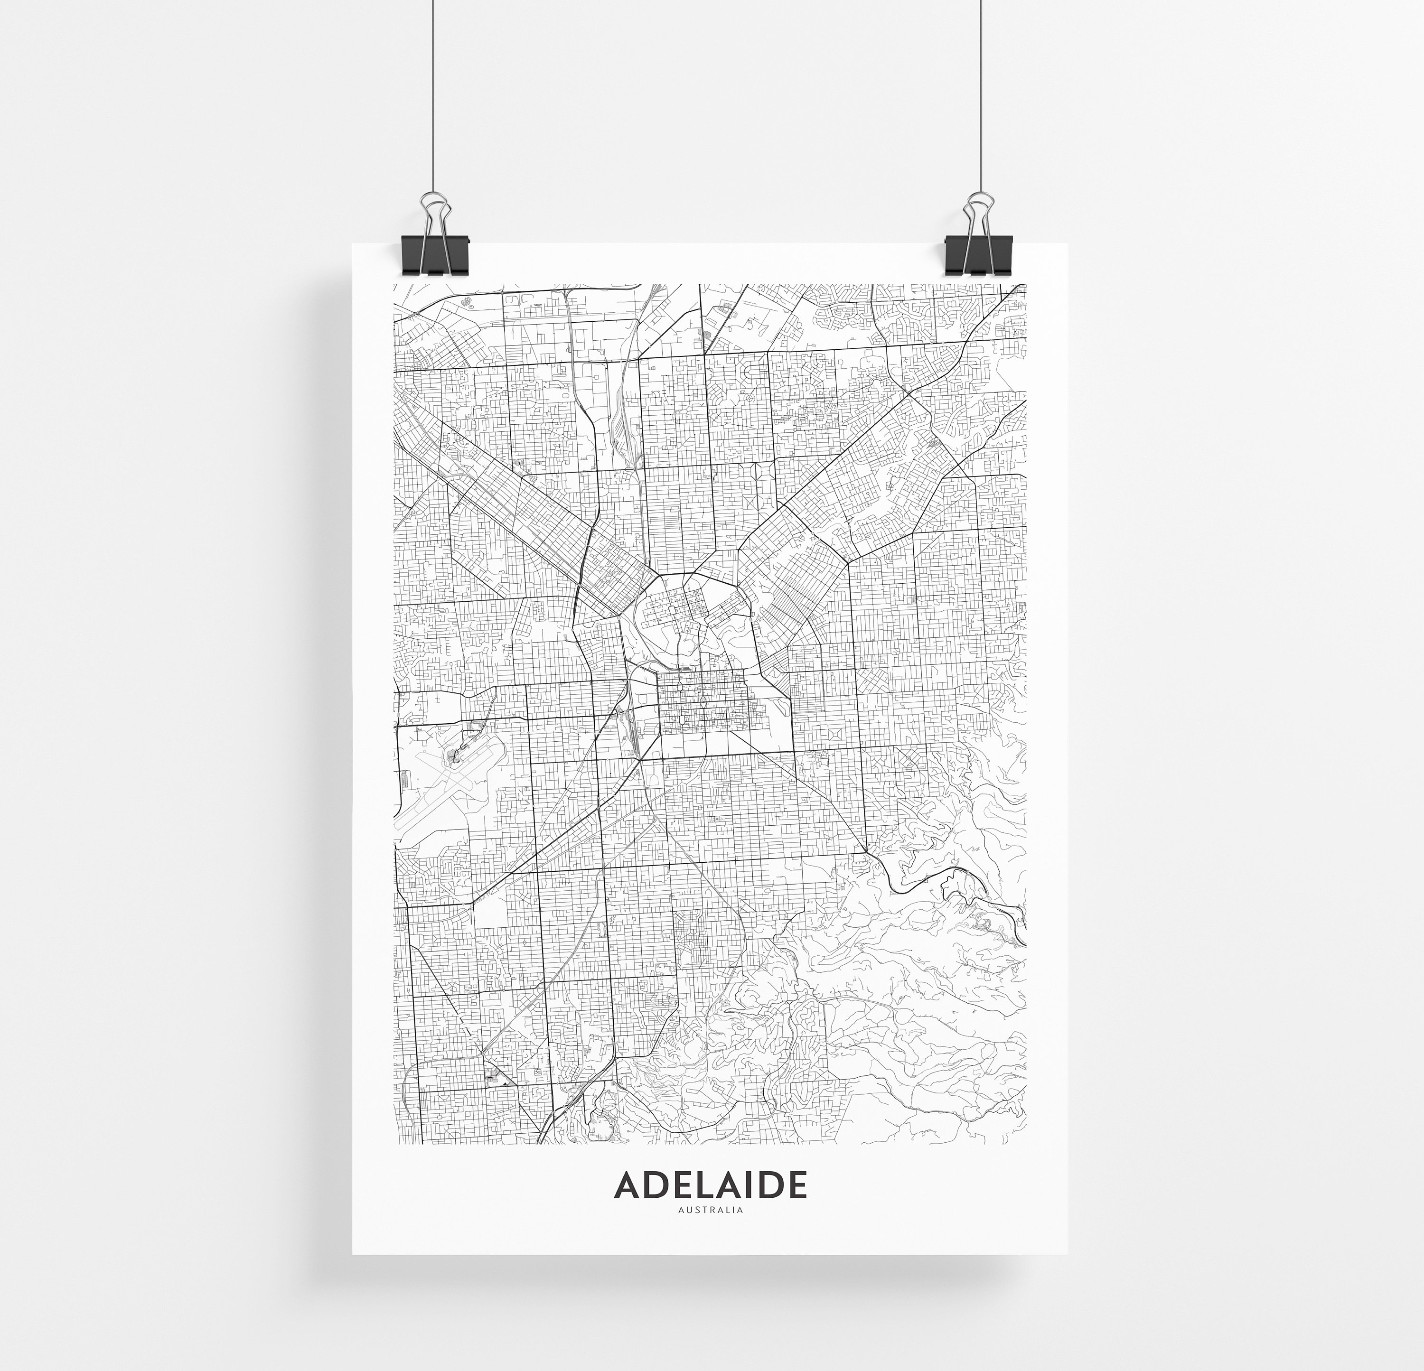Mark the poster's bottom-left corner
[353, 1253]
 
